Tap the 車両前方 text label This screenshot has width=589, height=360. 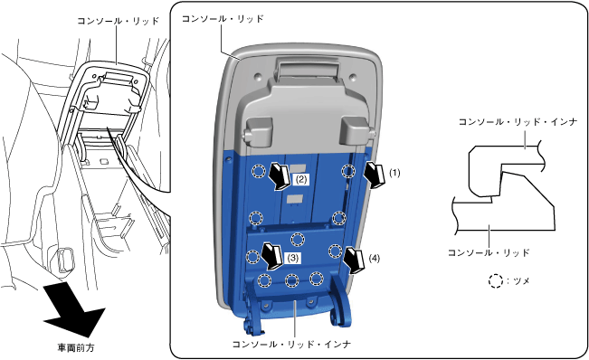click(75, 348)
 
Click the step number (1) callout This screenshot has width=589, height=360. click(394, 173)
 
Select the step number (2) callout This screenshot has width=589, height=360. click(301, 180)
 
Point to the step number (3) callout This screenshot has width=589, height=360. click(293, 258)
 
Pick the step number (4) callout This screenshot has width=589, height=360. click(375, 259)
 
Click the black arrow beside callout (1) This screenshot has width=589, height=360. click(375, 175)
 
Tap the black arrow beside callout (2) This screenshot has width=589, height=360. click(280, 176)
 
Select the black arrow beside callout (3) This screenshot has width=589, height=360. click(272, 256)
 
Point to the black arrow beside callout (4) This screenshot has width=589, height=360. click(354, 260)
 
